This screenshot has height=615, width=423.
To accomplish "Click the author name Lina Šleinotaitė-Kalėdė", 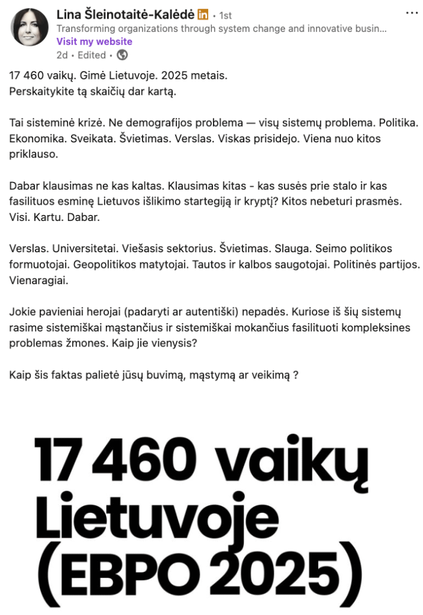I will click(x=125, y=14).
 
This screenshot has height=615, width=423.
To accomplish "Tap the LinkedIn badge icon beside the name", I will click(x=203, y=14).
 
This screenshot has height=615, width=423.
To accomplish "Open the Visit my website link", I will click(x=94, y=41).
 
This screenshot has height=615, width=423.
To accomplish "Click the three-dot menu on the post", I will click(x=412, y=13).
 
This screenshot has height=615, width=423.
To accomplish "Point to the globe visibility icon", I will click(x=122, y=55).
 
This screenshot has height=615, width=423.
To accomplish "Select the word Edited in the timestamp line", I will click(x=91, y=55).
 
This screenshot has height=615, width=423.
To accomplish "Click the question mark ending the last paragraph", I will click(x=296, y=374).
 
